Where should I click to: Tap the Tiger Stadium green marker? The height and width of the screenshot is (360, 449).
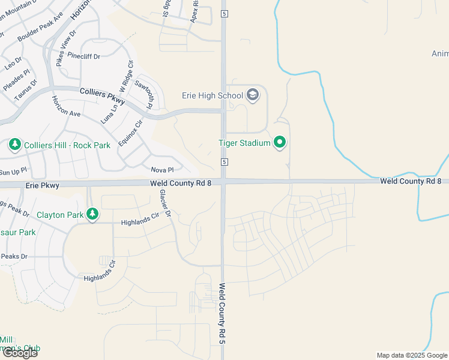pos(280,143)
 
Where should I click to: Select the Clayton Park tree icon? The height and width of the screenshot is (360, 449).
pos(92,214)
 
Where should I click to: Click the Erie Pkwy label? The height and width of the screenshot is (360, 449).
pos(43,186)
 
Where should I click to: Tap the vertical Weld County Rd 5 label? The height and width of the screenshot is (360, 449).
pos(221,313)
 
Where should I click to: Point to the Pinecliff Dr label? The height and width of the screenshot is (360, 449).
pos(84,55)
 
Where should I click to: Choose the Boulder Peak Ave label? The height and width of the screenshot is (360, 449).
pos(40,27)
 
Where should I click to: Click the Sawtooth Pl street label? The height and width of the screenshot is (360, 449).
pos(145,95)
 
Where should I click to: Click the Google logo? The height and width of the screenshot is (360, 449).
pos(20,353)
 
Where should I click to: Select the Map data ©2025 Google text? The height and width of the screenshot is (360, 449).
pos(412,355)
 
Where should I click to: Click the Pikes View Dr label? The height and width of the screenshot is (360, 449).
pos(65,48)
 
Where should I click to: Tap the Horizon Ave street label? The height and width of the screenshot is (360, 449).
pos(65,106)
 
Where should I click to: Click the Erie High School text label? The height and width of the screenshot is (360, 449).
pos(212,95)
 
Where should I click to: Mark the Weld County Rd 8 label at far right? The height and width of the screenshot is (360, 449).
pos(410,181)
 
